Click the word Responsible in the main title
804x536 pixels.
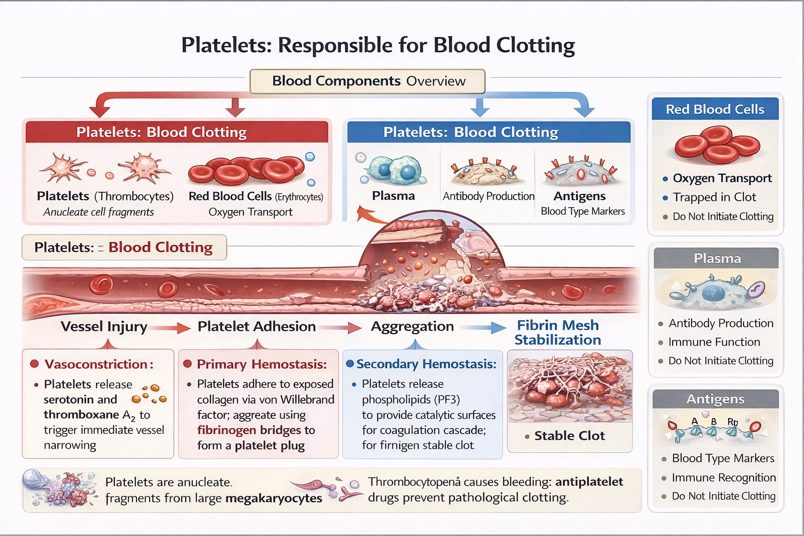[336, 46]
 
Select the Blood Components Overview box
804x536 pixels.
[368, 81]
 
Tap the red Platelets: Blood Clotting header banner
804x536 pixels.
[177, 132]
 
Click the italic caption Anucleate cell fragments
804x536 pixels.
[98, 212]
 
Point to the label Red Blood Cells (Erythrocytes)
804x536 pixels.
[255, 196]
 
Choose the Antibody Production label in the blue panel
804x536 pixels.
[488, 196]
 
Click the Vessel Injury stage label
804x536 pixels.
[104, 327]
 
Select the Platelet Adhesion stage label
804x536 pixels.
[256, 327]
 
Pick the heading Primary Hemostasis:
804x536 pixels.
[261, 364]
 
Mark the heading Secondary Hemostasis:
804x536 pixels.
[426, 364]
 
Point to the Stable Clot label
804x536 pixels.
[569, 436]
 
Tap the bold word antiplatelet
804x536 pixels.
[589, 482]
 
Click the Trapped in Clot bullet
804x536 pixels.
[714, 197]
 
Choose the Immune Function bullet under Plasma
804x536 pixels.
[714, 342]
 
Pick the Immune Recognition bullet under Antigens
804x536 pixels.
[723, 478]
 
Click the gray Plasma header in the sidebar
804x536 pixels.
[717, 259]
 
